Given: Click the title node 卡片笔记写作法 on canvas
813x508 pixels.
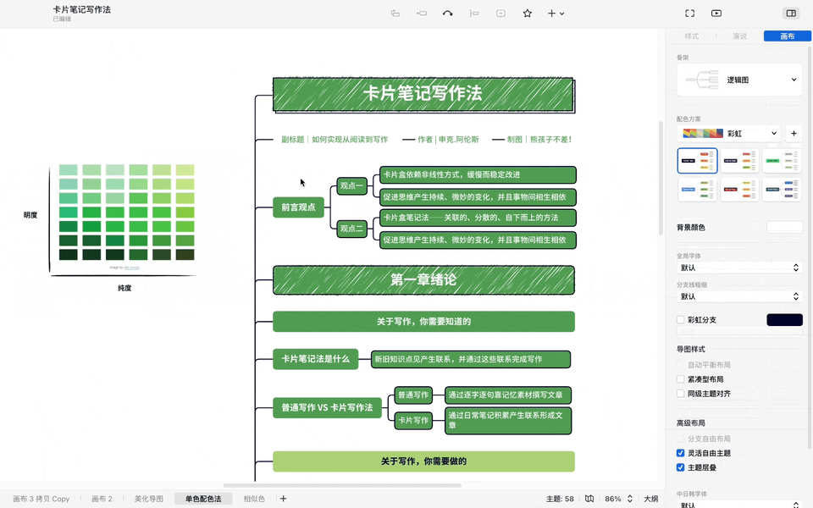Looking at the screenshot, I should click(423, 94).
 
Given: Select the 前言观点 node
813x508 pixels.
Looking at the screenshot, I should click(298, 207).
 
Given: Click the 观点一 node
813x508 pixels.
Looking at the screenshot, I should click(351, 186).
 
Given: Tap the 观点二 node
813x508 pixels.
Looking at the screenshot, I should click(351, 229).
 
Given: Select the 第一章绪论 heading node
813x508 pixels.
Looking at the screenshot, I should click(423, 280).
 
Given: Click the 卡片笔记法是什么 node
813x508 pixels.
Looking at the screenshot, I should click(315, 359).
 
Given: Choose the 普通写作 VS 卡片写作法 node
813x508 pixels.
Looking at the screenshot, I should click(327, 407).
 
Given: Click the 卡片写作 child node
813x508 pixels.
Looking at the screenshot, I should click(413, 420).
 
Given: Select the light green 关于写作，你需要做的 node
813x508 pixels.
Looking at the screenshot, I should click(423, 461).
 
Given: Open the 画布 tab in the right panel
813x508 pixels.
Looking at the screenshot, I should click(787, 36).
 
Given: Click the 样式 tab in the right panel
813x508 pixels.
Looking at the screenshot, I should click(691, 36).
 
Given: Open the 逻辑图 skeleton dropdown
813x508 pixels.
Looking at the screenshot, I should click(739, 80).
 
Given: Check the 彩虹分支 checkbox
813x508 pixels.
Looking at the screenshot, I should click(680, 320).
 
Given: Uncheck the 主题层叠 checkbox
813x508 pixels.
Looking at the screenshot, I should click(680, 467).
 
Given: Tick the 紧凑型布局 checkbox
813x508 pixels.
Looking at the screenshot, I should click(680, 379).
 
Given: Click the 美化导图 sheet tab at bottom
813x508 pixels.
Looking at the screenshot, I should click(148, 499).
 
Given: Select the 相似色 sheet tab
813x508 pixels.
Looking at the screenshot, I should click(254, 499).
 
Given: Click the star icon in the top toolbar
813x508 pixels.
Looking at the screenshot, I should click(527, 14).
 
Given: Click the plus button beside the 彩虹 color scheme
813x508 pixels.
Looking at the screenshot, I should click(794, 134).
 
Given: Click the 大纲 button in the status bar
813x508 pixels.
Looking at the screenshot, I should click(650, 499).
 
